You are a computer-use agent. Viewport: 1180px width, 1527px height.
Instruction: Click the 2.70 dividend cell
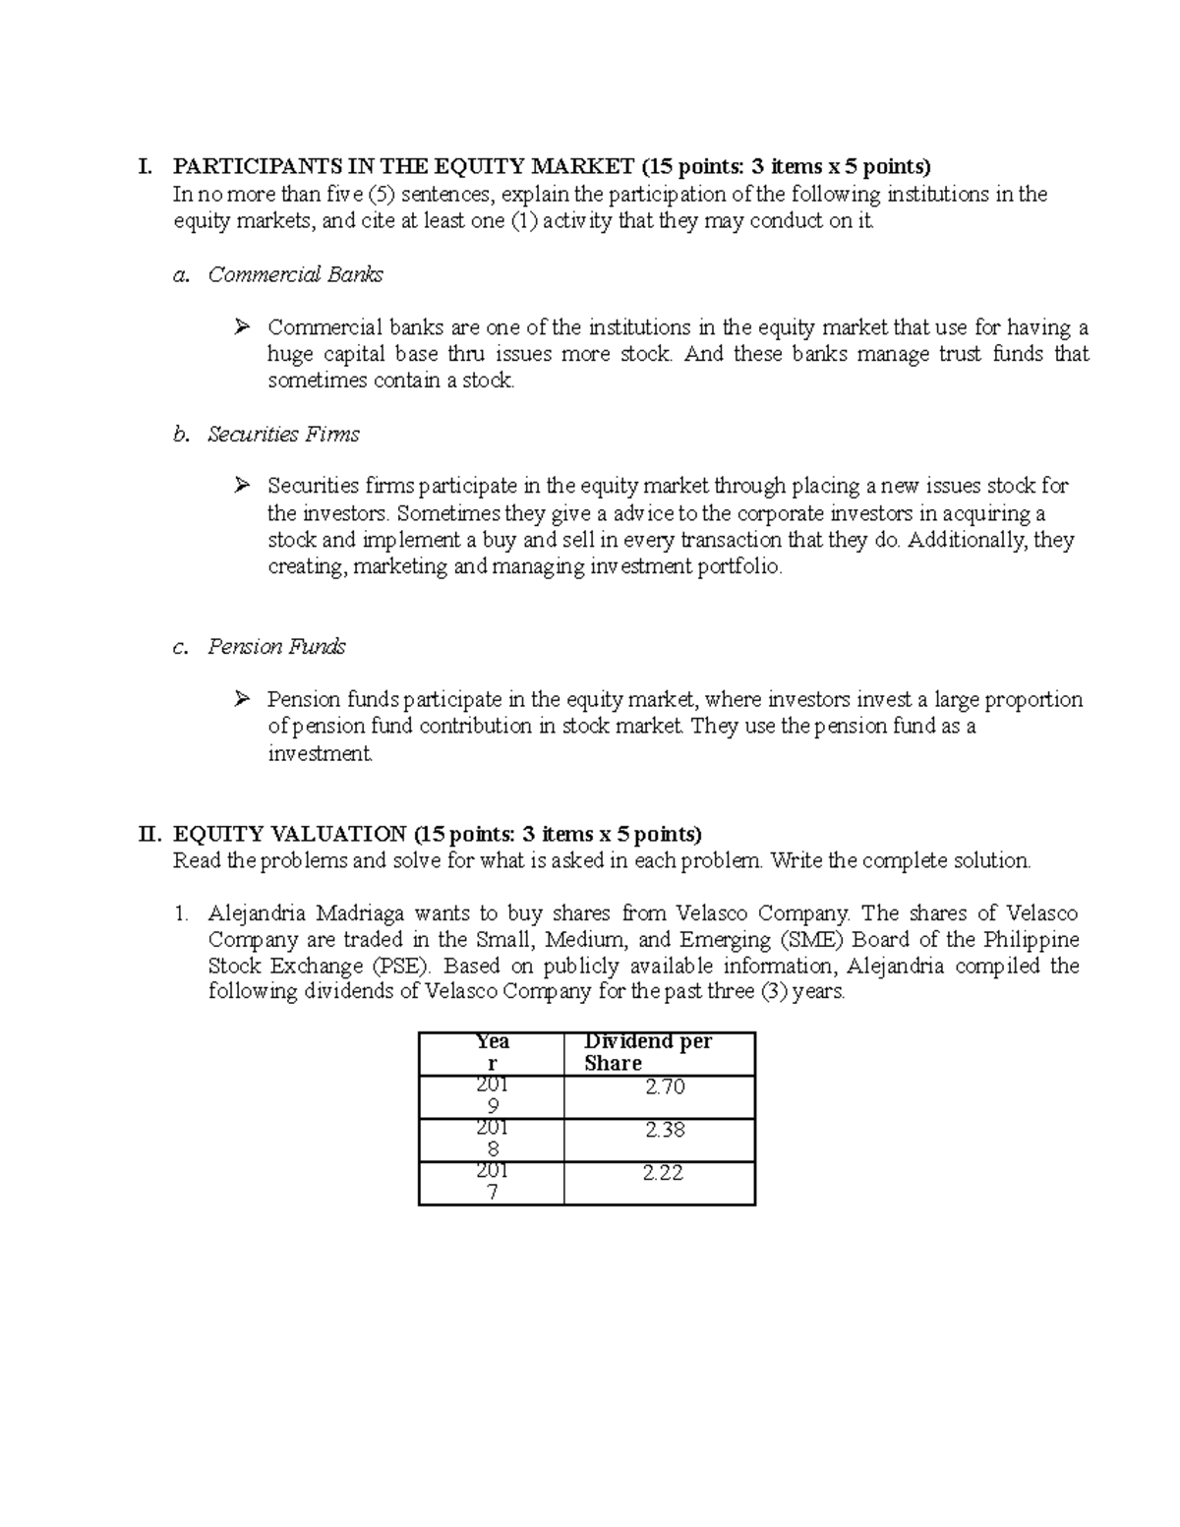pyautogui.click(x=665, y=1087)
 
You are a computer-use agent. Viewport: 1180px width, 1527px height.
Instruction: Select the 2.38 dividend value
pyautogui.click(x=665, y=1131)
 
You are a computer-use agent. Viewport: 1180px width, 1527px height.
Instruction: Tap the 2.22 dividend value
pyautogui.click(x=663, y=1173)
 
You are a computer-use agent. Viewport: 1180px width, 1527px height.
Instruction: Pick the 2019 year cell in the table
pyautogui.click(x=493, y=1096)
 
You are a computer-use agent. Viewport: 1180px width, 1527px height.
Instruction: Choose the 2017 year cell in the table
pyautogui.click(x=493, y=1182)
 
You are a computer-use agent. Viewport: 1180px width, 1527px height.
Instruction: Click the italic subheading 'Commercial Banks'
pyautogui.click(x=295, y=275)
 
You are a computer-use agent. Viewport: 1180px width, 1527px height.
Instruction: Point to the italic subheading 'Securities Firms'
pyautogui.click(x=283, y=435)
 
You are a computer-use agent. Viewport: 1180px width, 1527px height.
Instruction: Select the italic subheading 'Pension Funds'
pyautogui.click(x=276, y=647)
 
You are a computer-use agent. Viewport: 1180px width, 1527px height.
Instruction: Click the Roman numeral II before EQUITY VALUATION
pyautogui.click(x=148, y=835)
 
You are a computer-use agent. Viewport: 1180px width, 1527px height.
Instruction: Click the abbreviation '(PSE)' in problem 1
pyautogui.click(x=401, y=967)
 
